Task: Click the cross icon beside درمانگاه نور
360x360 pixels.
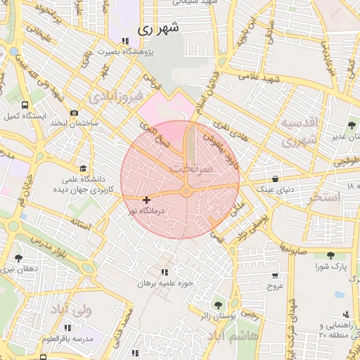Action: [x=146, y=200]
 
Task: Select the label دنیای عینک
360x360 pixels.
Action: [x=274, y=188]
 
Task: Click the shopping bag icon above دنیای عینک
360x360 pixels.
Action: [x=274, y=178]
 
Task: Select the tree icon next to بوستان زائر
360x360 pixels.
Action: [x=219, y=305]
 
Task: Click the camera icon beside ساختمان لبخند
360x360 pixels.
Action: [x=74, y=112]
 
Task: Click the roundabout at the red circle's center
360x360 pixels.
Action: [x=186, y=191]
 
